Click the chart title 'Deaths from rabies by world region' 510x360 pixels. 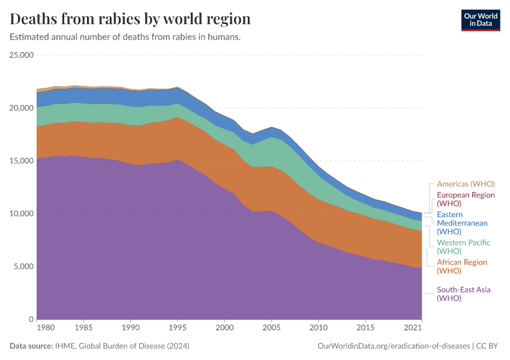coord(130,19)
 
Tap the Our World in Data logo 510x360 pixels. coord(480,20)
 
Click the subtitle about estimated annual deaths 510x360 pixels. coord(125,37)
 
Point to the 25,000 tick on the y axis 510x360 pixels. coord(20,55)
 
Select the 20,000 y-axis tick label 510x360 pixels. coord(20,108)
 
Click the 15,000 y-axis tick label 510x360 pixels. coord(20,161)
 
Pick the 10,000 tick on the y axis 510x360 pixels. coord(20,214)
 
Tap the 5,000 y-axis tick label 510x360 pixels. coord(23,266)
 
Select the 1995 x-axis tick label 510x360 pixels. coord(177,328)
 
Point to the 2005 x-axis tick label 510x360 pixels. coord(271,328)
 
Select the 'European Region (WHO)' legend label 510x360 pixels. coord(466,199)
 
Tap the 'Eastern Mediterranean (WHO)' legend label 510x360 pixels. coord(462,223)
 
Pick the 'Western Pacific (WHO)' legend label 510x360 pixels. coord(463,247)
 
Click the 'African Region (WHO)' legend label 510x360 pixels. coord(462,266)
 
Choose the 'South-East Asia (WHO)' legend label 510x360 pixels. coord(463,294)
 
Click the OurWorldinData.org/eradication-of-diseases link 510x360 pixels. coord(393,346)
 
